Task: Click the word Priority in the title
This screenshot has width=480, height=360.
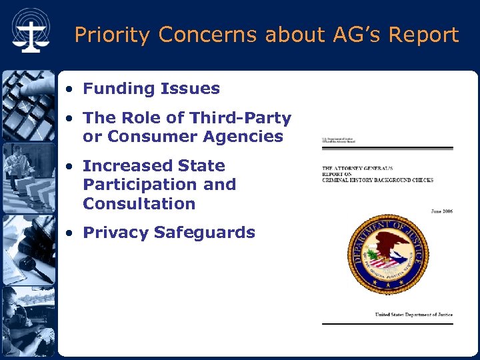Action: (113, 35)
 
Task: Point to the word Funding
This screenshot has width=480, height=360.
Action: (117, 89)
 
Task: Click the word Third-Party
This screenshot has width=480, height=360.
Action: (240, 118)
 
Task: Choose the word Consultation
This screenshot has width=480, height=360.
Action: (139, 204)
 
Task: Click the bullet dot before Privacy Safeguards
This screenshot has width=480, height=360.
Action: (70, 233)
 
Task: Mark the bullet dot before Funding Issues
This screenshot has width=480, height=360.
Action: (70, 89)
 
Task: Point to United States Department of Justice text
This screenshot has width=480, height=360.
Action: (413, 315)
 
